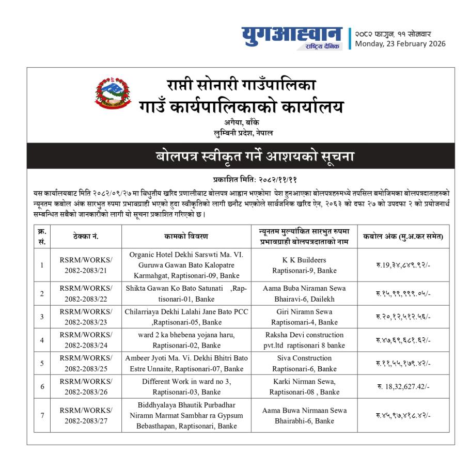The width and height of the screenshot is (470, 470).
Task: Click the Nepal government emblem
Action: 112,93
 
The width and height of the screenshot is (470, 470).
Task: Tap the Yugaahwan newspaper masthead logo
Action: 291,38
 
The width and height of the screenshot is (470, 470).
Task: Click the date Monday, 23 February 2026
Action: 400,44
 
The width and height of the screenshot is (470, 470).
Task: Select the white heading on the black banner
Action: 241,155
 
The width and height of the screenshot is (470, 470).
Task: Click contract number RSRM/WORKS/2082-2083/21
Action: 86,265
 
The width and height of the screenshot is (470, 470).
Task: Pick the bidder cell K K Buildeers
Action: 304,265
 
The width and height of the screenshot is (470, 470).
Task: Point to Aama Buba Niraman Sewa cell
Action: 304,293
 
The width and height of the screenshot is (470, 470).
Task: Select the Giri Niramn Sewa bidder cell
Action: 304,317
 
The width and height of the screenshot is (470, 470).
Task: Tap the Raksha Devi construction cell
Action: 304,340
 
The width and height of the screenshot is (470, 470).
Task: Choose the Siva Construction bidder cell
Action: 304,363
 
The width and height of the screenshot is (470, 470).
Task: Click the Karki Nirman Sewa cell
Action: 304,386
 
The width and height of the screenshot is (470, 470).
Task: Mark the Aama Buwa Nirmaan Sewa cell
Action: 304,415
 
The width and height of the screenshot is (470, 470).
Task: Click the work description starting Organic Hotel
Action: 186,265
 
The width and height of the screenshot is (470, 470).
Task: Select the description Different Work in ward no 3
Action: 186,386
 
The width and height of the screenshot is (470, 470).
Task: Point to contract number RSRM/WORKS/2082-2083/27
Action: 86,415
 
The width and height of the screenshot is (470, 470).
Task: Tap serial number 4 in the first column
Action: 42,340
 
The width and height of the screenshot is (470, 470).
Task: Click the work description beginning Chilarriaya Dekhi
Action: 186,317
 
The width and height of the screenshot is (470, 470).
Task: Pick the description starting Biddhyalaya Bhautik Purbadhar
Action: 186,415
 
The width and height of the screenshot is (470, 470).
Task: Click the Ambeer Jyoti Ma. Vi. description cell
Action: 186,363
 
